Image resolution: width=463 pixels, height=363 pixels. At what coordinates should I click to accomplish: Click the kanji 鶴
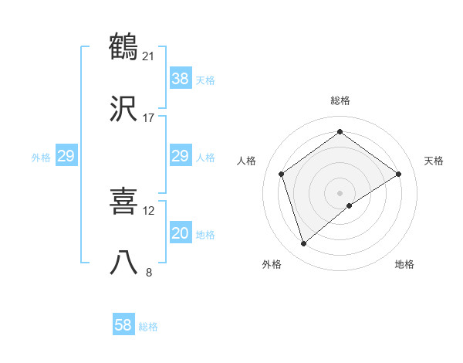(124, 46)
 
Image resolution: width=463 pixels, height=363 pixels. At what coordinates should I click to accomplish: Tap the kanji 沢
(124, 110)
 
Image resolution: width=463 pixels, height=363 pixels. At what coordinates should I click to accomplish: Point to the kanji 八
(124, 263)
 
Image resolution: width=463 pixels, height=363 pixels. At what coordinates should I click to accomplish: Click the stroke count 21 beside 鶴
(149, 56)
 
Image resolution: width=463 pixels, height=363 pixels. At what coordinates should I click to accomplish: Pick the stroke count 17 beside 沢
(149, 118)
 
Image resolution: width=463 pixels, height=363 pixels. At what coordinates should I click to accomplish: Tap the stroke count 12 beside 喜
(149, 210)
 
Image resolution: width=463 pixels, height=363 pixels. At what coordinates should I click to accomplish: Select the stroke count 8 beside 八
(149, 271)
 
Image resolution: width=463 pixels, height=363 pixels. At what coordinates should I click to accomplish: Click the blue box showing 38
(180, 79)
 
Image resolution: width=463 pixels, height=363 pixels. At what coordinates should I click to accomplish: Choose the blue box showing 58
(123, 325)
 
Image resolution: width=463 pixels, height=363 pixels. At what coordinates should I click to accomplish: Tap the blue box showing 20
(180, 233)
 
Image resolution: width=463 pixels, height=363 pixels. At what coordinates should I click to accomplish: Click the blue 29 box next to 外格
(66, 156)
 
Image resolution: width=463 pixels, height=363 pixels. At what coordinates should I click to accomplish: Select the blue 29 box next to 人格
(180, 156)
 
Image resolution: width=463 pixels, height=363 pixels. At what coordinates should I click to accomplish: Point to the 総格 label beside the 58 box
(148, 327)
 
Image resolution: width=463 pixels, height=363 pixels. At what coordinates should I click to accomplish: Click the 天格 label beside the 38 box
(205, 80)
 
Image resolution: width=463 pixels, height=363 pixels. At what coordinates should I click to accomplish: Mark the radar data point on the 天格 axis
(399, 174)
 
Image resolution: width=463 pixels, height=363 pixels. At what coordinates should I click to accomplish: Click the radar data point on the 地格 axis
(350, 205)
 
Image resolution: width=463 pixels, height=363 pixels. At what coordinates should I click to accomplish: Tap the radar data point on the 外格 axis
(303, 244)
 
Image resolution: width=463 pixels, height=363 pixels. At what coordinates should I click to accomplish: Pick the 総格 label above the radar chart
(340, 100)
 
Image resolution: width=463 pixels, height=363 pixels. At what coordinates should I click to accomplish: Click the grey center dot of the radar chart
(340, 192)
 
